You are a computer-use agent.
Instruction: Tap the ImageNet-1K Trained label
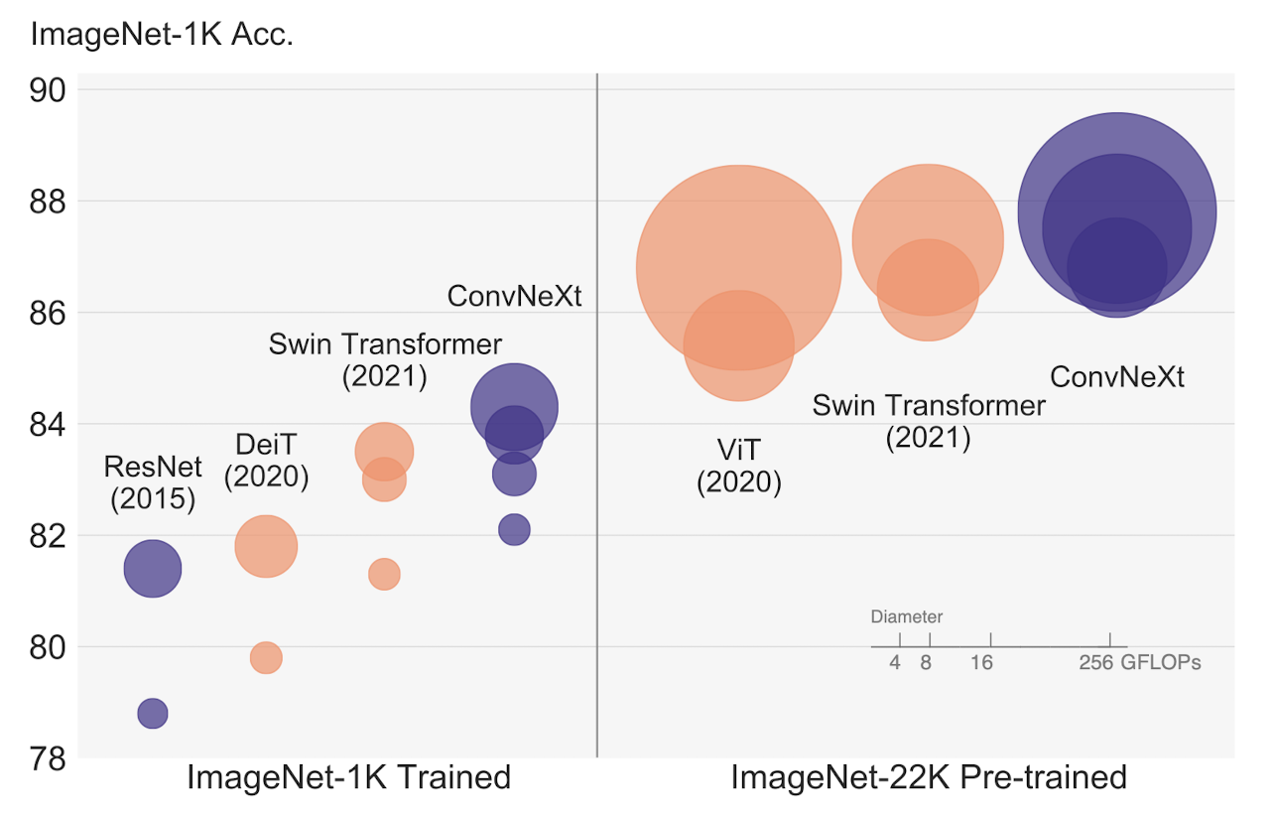click(x=348, y=777)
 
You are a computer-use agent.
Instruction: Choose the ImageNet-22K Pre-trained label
click(x=929, y=777)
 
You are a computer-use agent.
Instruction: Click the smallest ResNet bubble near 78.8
click(x=152, y=713)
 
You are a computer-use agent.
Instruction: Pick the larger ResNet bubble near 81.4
click(x=152, y=569)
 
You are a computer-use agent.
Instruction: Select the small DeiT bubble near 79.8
click(x=266, y=657)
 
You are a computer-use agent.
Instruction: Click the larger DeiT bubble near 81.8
click(x=266, y=546)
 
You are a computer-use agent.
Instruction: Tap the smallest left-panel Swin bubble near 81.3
click(x=384, y=574)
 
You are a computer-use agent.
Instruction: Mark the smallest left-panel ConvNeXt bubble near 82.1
click(x=514, y=530)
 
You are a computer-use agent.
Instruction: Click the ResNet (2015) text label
click(x=153, y=481)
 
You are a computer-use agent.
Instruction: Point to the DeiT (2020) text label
click(x=266, y=461)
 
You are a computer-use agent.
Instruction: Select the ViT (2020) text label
click(x=739, y=466)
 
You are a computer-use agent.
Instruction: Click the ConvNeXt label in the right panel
click(x=1117, y=377)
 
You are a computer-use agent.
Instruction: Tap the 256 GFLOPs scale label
click(x=1139, y=663)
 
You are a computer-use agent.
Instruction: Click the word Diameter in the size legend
click(x=907, y=616)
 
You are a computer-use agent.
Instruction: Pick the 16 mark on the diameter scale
click(x=981, y=663)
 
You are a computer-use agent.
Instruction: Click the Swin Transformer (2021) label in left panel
click(x=385, y=359)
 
